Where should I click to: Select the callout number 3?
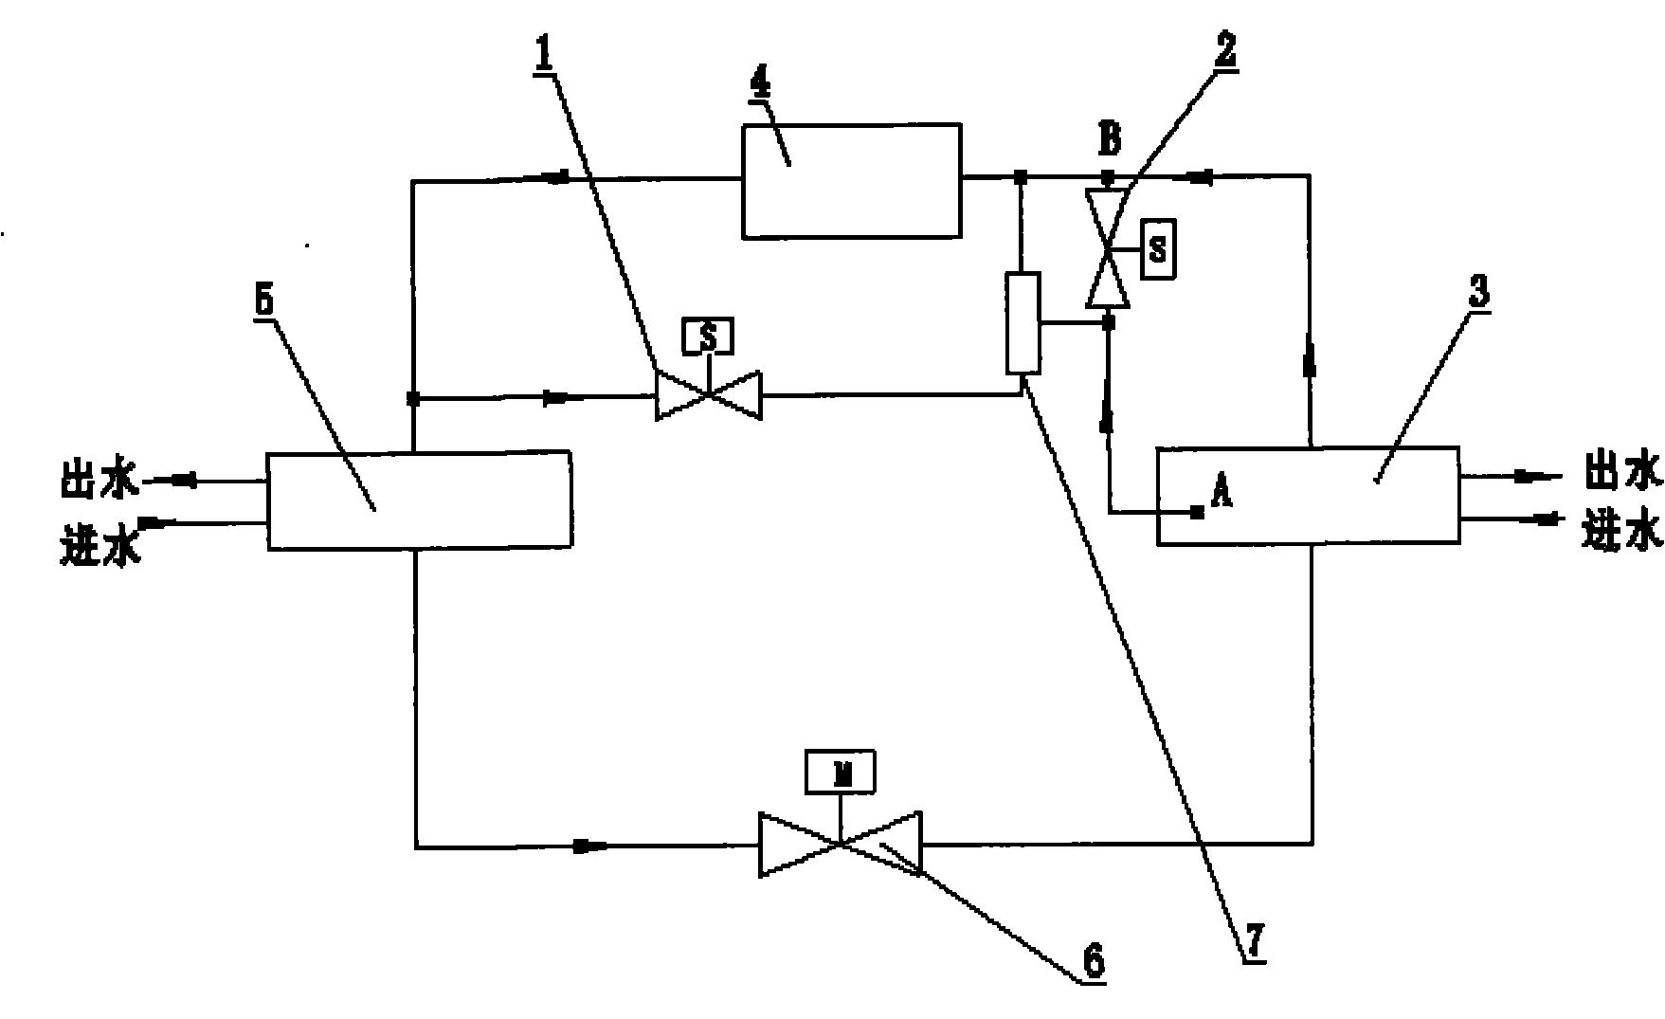pos(1478,293)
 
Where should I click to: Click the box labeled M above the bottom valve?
pos(840,773)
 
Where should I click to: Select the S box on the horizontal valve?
pos(708,337)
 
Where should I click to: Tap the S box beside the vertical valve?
pos(1158,247)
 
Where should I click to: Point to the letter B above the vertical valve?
pos(1109,139)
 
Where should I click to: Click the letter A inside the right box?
pos(1222,493)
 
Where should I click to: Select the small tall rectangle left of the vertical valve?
pos(1023,322)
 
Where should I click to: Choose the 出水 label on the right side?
pos(1623,471)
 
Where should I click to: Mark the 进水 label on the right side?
pos(1623,530)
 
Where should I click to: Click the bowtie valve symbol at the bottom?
pos(840,843)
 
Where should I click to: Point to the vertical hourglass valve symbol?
pos(1109,248)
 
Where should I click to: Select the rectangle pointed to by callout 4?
pos(851,180)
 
